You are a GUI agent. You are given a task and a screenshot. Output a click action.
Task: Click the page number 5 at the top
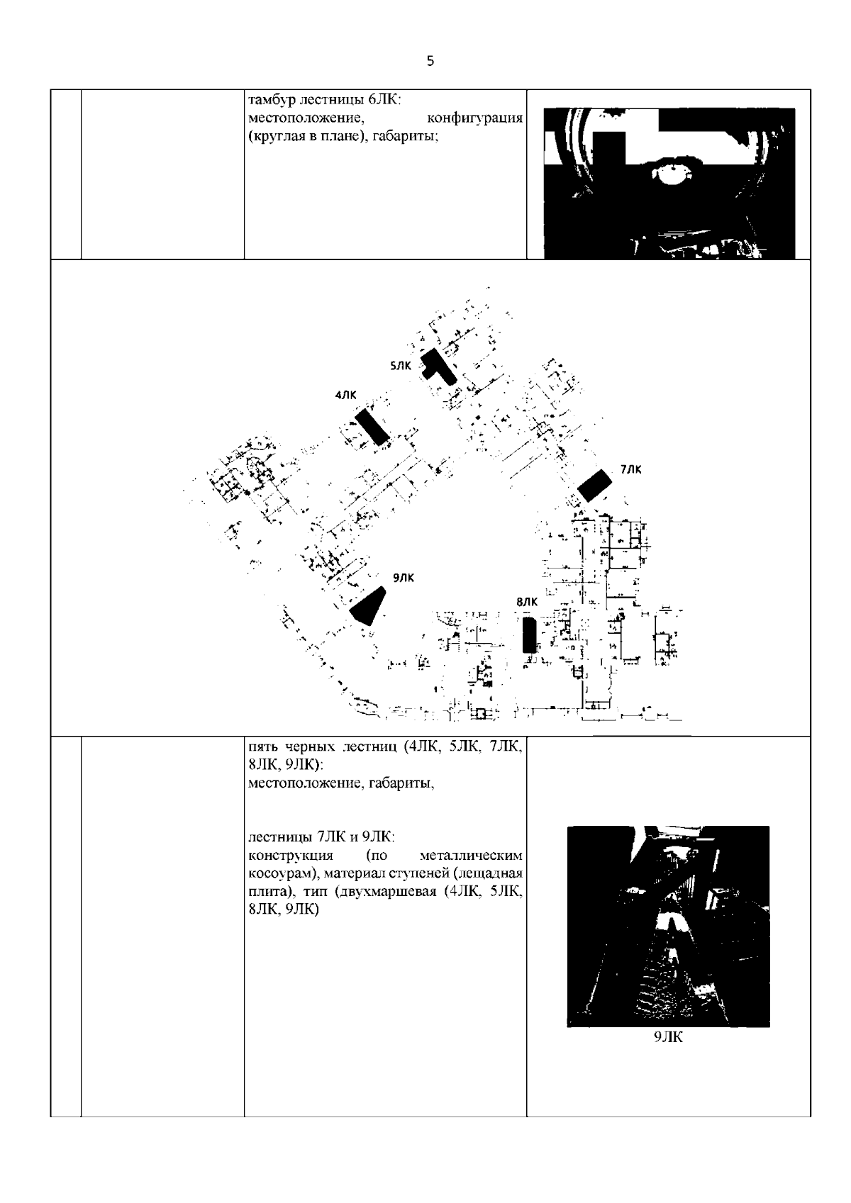point(430,61)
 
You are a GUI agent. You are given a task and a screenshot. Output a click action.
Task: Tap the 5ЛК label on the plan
point(400,366)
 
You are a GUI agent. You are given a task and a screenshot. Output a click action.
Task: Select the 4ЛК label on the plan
point(345,396)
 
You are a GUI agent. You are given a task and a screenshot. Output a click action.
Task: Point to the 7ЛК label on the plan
point(630,469)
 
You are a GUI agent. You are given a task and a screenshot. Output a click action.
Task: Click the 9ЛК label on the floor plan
point(404,578)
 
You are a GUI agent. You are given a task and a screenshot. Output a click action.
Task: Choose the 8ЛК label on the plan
point(526,602)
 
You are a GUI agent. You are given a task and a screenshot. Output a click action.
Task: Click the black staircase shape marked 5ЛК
point(438,367)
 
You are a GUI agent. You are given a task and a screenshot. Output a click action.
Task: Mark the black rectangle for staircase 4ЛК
point(372,427)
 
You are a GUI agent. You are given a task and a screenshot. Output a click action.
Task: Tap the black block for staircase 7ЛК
point(595,485)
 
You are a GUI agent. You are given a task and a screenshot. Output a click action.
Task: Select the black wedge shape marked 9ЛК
point(369,606)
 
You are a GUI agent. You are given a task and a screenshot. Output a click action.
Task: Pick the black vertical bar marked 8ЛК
point(530,634)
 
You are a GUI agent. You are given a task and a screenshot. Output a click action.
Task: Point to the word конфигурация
point(474,118)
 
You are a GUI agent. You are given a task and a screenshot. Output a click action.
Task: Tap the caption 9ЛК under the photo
point(668,1037)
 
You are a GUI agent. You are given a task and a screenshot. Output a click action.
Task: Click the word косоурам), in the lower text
point(283,873)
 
